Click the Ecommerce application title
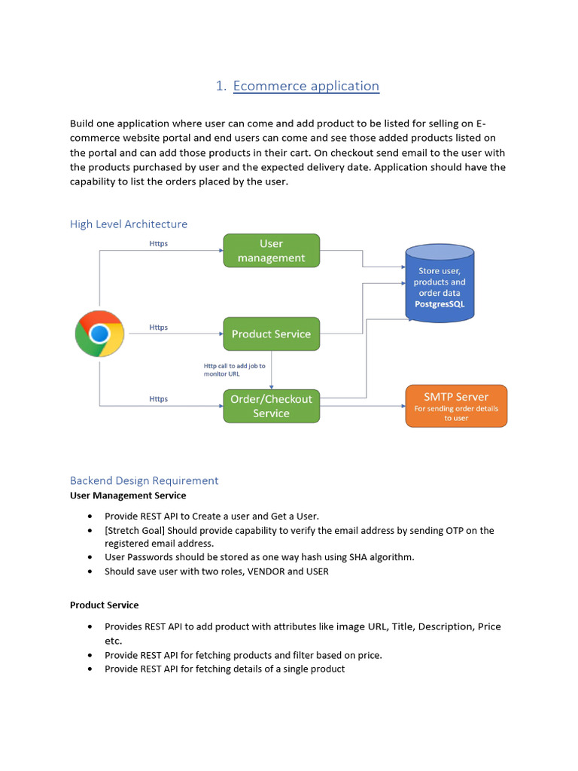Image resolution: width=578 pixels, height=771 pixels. coord(306,86)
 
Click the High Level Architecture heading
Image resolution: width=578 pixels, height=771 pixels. coord(129,224)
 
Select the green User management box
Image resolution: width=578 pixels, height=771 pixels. coord(271,251)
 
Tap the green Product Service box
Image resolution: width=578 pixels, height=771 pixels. coord(271,334)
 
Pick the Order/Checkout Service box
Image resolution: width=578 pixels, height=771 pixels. coord(271,406)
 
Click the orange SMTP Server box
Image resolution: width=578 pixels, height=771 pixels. coord(456,406)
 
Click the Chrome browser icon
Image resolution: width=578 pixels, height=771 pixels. coord(99,334)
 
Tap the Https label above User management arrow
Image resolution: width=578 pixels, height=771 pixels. coord(158,244)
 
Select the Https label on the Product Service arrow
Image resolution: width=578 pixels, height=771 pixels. coord(158,328)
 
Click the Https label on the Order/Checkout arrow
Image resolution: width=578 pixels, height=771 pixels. coord(158,399)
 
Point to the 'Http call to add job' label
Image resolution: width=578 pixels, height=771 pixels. coord(234,370)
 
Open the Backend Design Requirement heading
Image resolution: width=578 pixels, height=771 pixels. coord(144,480)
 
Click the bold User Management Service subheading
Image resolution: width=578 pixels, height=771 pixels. coord(128,495)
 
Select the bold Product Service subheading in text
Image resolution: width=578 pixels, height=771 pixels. coord(104,605)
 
